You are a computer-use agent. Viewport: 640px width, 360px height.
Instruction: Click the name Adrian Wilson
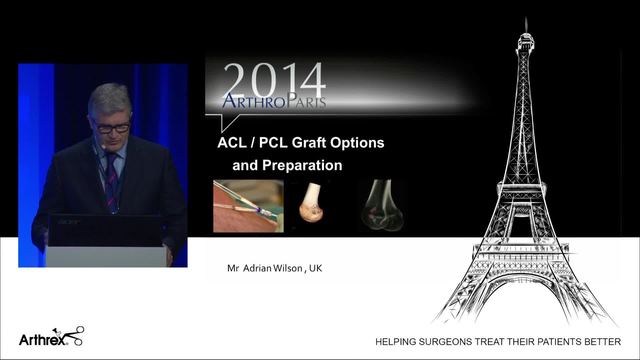pos(273,268)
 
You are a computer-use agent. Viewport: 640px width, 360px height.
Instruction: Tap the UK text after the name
pos(316,268)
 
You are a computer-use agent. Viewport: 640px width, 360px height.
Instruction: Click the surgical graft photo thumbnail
pos(248,206)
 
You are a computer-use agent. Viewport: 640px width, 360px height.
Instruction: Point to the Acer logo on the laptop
pos(70,222)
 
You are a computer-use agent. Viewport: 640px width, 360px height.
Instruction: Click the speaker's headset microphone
pos(104,146)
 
